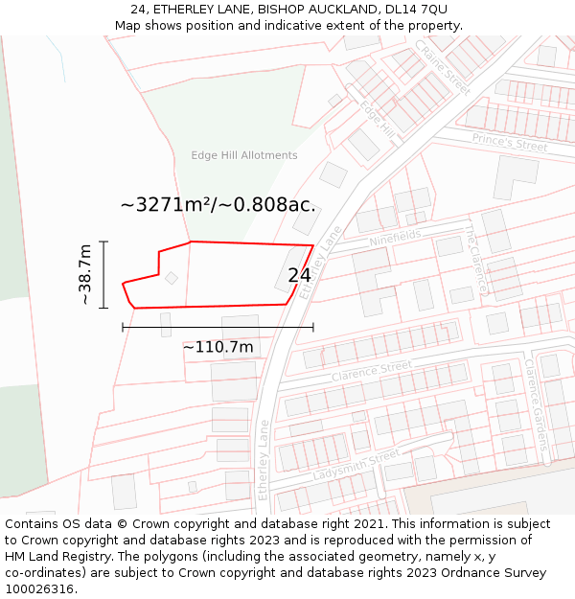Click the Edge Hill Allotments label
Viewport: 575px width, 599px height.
pyautogui.click(x=243, y=155)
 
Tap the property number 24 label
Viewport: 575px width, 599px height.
pyautogui.click(x=299, y=275)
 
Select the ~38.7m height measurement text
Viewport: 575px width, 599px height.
pyautogui.click(x=85, y=275)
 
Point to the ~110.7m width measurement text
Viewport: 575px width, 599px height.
pyautogui.click(x=218, y=347)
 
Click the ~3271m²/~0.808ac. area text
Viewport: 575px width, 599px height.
pyautogui.click(x=218, y=204)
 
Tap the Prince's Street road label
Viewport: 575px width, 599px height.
pyautogui.click(x=509, y=142)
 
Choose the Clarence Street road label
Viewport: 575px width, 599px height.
pyautogui.click(x=371, y=371)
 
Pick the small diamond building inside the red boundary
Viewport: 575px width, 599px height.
pyautogui.click(x=171, y=278)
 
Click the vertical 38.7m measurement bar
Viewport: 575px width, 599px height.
pyautogui.click(x=103, y=273)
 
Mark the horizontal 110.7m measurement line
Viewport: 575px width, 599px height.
pyautogui.click(x=218, y=327)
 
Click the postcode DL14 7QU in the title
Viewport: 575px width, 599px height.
pyautogui.click(x=417, y=9)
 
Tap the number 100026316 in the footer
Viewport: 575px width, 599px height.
pyautogui.click(x=39, y=588)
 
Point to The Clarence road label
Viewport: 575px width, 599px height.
pyautogui.click(x=476, y=260)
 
